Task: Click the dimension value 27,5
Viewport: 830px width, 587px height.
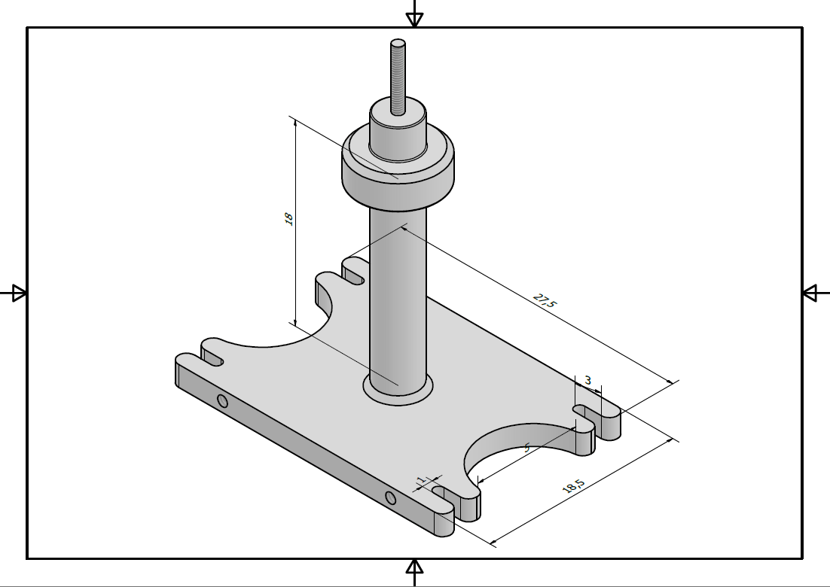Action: tap(545, 300)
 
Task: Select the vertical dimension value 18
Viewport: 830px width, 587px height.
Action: tap(288, 219)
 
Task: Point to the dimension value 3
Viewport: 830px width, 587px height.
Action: tap(587, 380)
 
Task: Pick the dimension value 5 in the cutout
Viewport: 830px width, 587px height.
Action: tap(527, 448)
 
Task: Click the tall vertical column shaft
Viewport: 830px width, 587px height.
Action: tap(398, 301)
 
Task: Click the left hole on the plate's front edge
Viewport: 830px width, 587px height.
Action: tap(222, 401)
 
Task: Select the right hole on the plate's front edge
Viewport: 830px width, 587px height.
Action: tap(390, 497)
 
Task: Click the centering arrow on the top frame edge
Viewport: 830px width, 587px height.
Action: tap(414, 19)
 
